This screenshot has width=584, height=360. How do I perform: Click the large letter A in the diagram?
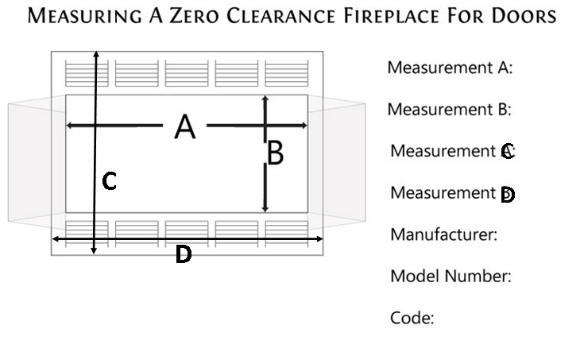(x=184, y=127)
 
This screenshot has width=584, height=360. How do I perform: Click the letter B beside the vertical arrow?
(x=275, y=153)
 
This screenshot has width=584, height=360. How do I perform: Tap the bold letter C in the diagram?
(x=110, y=182)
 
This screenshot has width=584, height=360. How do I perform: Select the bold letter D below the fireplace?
(x=183, y=254)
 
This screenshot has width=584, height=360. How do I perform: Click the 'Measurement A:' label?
(x=450, y=68)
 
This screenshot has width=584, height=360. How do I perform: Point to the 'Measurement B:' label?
(x=449, y=110)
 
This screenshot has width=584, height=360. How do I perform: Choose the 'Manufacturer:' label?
(x=444, y=234)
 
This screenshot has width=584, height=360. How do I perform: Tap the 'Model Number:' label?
(x=450, y=277)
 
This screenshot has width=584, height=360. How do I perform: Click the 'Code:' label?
(x=412, y=319)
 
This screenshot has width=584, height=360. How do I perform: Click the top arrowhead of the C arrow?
(x=95, y=53)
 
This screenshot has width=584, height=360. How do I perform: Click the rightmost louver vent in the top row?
(x=286, y=73)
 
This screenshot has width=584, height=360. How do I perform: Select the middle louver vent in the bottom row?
(x=187, y=229)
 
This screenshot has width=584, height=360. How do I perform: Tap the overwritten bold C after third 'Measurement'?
(x=508, y=152)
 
